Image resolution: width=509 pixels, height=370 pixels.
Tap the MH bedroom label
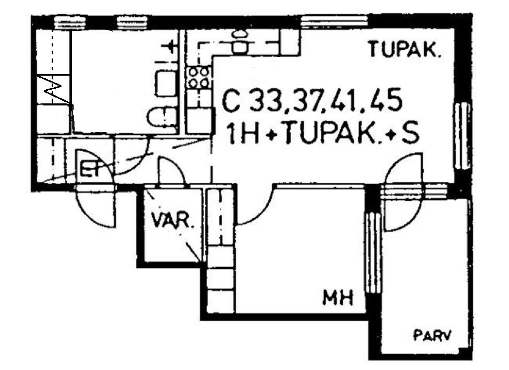coord(338,297)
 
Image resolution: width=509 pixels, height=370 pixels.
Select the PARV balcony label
coord(433,335)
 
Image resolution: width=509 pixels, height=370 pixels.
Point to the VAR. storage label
coord(172,221)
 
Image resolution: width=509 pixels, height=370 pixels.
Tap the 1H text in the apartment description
coord(243,134)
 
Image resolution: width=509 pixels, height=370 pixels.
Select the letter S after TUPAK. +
coord(410,134)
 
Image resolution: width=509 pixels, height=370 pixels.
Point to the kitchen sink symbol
coord(240,42)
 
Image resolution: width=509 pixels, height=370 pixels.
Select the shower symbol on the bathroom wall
coord(170,47)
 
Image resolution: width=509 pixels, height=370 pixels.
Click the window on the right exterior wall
coord(462,136)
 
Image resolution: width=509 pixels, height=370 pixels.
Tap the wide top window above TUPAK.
coord(334,22)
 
